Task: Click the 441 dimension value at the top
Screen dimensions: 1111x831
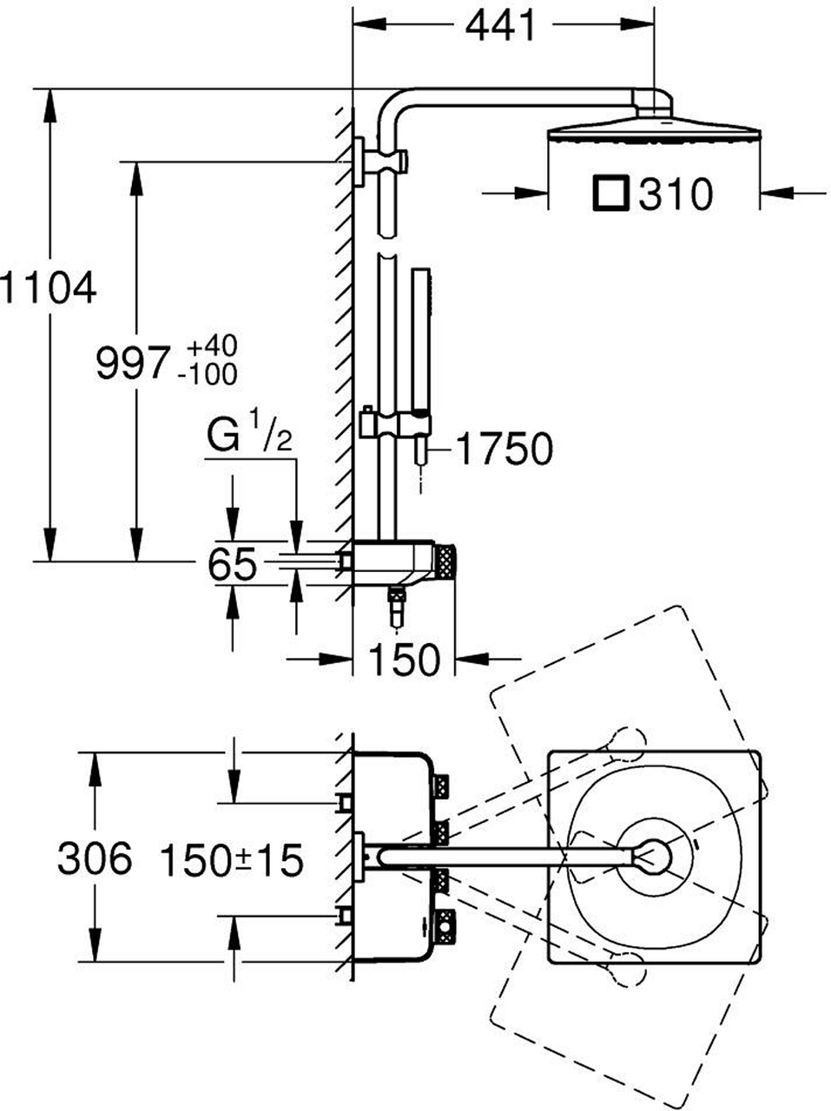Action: pos(501,27)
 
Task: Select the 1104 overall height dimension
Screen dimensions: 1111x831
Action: pos(49,287)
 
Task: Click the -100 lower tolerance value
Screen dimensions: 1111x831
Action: pos(206,375)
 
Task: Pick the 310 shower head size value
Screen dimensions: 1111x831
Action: pos(675,194)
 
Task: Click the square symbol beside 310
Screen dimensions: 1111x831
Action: pos(610,194)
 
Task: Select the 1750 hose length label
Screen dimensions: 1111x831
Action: pos(504,450)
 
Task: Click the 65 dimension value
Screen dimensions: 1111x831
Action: pos(232,566)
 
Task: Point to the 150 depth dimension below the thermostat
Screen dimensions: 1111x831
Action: pos(404,660)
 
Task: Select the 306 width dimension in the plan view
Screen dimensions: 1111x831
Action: pos(95,859)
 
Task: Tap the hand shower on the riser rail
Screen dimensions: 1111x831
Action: pos(422,339)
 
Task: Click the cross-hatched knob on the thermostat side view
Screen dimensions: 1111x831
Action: pos(445,562)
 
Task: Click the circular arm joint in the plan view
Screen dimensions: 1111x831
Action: pos(653,858)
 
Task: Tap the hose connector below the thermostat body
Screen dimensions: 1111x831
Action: pos(397,605)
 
